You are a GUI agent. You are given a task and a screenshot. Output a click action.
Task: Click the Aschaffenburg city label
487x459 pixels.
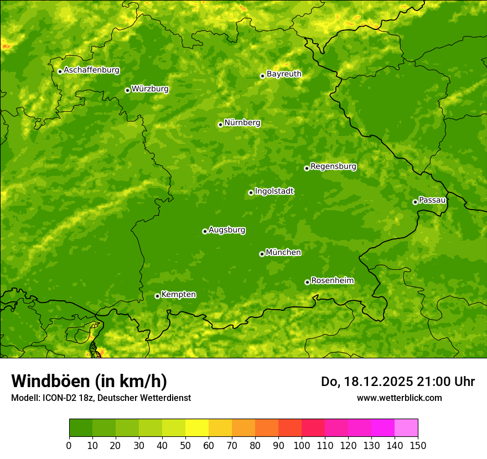[x=91, y=70]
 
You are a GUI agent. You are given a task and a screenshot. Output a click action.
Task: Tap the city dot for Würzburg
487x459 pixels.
[x=127, y=90]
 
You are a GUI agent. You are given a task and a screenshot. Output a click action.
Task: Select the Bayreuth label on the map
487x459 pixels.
[x=284, y=74]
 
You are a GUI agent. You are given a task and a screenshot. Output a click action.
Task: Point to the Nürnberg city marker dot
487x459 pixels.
[x=220, y=124]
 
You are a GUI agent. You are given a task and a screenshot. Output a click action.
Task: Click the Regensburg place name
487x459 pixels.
[x=333, y=166]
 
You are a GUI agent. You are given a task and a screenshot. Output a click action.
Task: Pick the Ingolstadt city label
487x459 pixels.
[x=274, y=191]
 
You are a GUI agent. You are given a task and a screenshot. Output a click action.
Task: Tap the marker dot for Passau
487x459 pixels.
[x=415, y=202]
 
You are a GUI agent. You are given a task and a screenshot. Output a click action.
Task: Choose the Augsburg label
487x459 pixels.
[x=227, y=230]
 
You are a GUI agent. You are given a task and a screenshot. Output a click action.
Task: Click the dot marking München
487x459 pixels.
[x=262, y=254]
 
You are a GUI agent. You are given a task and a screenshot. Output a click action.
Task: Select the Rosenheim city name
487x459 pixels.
[x=332, y=281]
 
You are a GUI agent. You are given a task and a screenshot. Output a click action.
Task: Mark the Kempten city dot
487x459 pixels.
[x=157, y=296]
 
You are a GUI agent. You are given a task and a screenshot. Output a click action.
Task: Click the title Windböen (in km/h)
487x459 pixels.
[x=89, y=382]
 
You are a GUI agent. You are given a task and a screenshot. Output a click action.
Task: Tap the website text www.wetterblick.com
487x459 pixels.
[x=399, y=398]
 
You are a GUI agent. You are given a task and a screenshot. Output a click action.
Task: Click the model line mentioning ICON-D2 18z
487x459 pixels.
[x=101, y=398]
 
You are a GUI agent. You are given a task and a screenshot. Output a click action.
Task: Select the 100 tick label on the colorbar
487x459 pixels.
[x=302, y=445]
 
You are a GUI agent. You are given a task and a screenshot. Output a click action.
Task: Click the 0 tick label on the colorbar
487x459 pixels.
[x=69, y=445]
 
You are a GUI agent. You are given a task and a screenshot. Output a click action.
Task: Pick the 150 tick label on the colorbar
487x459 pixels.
[x=418, y=445]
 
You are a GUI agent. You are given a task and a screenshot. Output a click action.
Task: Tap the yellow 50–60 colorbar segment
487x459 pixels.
[x=197, y=428]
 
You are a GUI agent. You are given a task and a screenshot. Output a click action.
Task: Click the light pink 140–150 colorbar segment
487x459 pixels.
[x=406, y=428]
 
